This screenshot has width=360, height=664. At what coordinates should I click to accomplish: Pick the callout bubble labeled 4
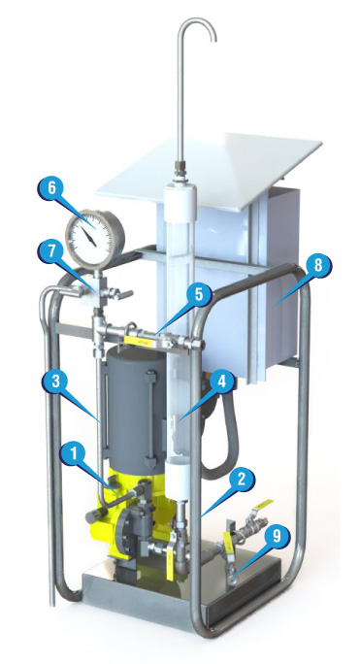click(x=220, y=382)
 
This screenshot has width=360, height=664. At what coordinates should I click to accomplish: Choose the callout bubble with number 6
click(x=51, y=187)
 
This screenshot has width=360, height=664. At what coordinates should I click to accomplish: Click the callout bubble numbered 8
click(x=317, y=267)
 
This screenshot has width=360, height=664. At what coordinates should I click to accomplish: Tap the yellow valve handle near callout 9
click(x=263, y=504)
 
